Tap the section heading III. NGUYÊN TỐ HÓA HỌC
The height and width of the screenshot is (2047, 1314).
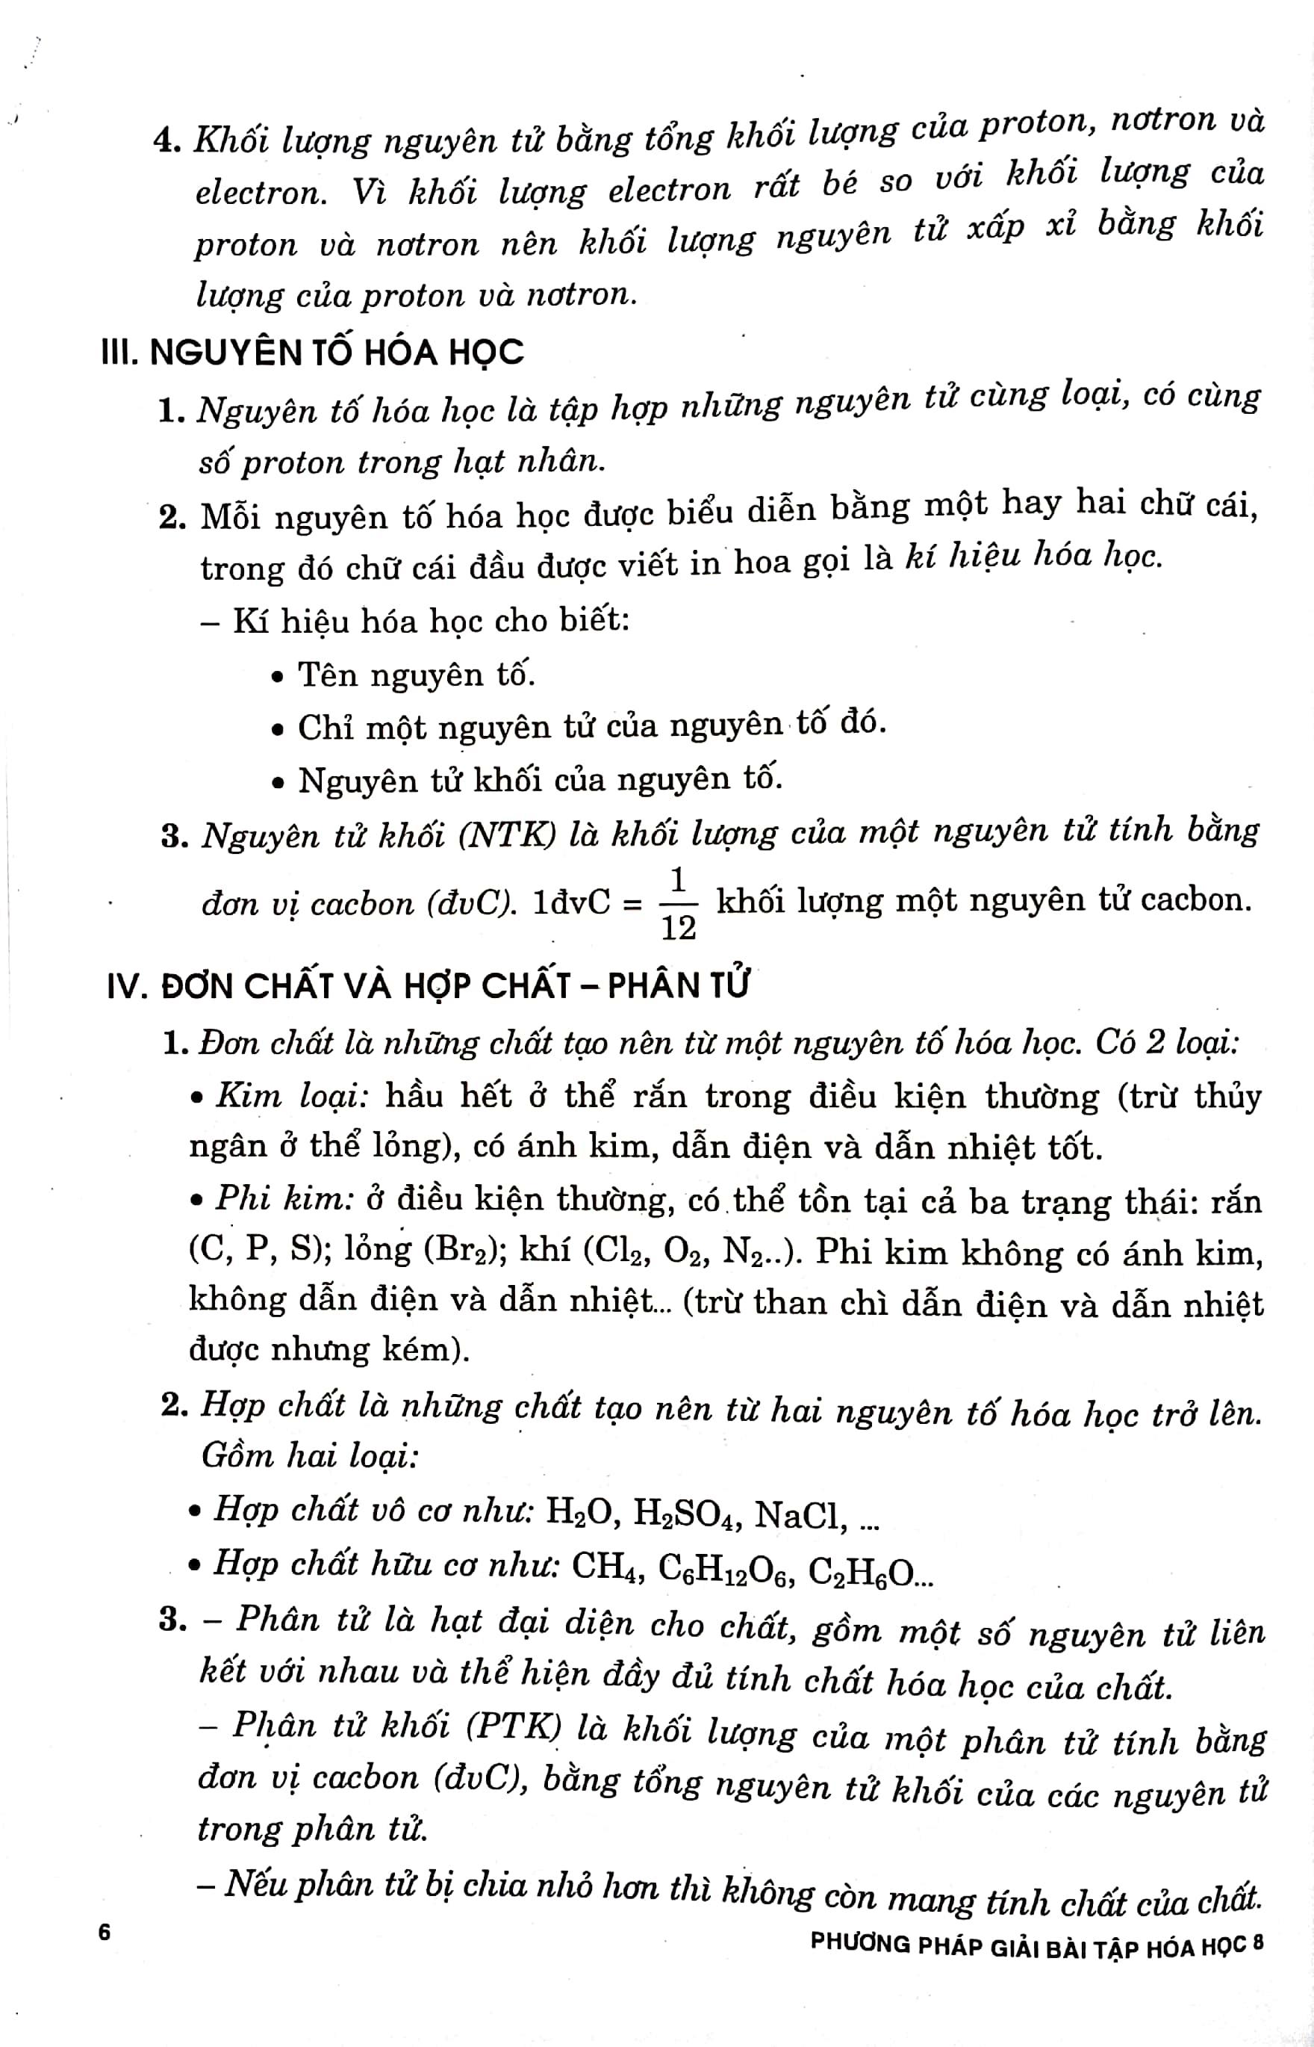click(312, 353)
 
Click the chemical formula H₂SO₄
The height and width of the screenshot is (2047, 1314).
click(687, 1514)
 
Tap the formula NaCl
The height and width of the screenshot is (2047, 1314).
click(800, 1514)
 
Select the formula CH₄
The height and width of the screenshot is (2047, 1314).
click(608, 1566)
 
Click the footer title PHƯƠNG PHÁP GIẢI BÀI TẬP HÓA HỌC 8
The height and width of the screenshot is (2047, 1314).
click(1036, 1945)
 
